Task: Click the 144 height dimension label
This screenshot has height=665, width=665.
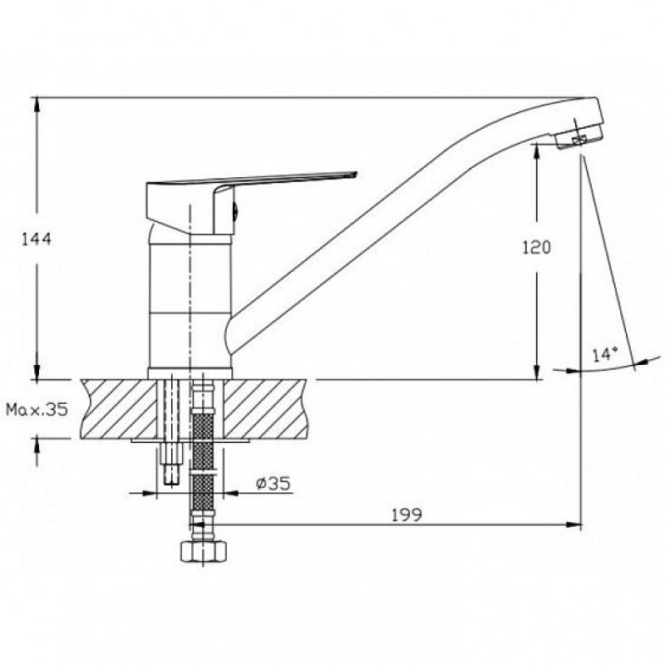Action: click(37, 239)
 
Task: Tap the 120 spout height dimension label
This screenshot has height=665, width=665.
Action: click(536, 247)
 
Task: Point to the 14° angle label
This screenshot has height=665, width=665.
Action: click(605, 354)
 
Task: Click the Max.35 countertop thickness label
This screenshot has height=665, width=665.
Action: click(37, 409)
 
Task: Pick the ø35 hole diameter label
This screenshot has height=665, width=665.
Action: click(273, 484)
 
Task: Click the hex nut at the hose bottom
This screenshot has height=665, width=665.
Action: click(204, 551)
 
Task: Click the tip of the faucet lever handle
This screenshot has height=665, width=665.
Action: click(357, 173)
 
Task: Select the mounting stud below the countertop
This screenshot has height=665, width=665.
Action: click(172, 463)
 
